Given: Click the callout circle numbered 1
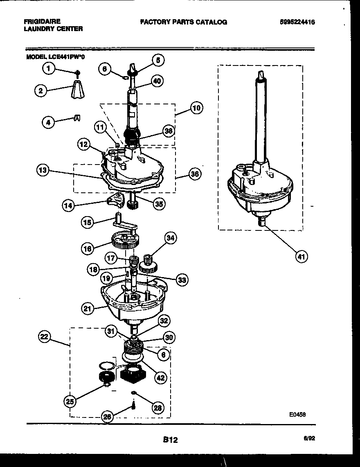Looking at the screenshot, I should (49, 69).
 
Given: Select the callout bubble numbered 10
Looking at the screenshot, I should (196, 108).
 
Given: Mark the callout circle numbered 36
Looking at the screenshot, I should (195, 174).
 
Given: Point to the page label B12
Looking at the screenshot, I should (170, 440).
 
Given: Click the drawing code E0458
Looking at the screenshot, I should (297, 414).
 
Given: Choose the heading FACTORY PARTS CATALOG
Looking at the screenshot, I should (183, 22).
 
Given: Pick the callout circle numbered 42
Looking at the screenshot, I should (160, 378).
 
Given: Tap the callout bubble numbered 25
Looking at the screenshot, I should (70, 402).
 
